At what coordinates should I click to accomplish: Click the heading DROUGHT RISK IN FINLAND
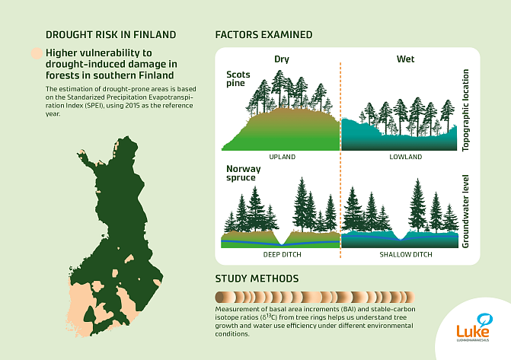click(x=110, y=35)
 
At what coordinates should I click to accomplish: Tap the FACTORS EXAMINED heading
click(x=263, y=35)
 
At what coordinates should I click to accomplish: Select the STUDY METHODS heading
click(x=257, y=279)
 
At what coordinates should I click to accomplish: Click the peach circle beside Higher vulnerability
click(x=35, y=54)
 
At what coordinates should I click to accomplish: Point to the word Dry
click(x=281, y=59)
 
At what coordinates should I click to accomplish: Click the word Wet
click(x=405, y=59)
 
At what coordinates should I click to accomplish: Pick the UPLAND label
click(x=281, y=157)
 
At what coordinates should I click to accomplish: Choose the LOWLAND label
click(x=401, y=157)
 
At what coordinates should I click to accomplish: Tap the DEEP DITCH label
click(x=282, y=253)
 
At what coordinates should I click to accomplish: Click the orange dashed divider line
click(x=340, y=152)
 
